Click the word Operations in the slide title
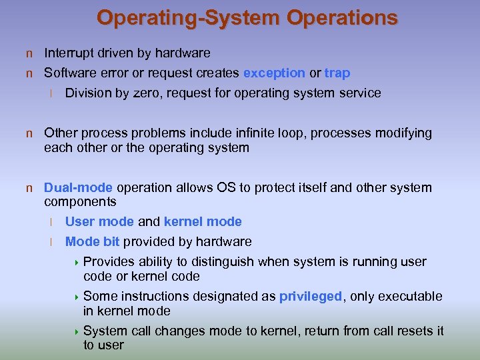coord(343,17)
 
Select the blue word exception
coord(274,73)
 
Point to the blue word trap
coord(337,73)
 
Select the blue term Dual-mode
coord(78,187)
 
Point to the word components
coord(80,201)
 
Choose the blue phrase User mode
coord(99,221)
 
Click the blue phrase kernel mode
coord(203,221)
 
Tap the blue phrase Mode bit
coord(92,241)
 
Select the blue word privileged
coord(310,296)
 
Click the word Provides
coord(110,261)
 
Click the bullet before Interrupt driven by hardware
coord(29,53)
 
